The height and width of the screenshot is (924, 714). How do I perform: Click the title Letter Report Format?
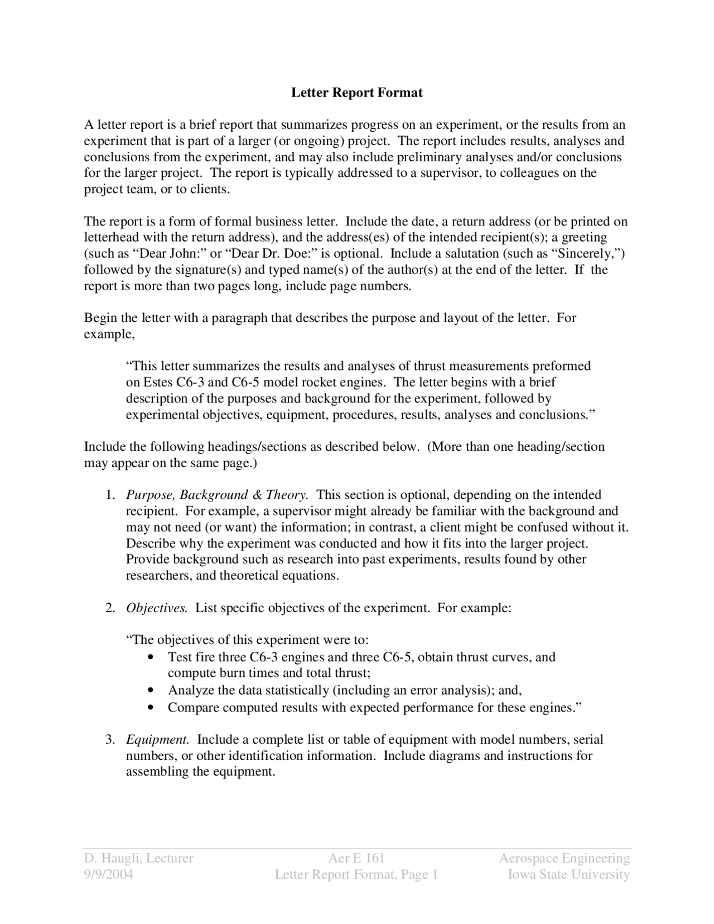pos(356,93)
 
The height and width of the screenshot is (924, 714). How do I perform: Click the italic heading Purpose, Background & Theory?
pos(217,495)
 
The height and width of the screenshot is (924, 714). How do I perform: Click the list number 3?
pos(110,740)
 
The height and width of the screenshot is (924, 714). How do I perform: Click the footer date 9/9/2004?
pos(109,874)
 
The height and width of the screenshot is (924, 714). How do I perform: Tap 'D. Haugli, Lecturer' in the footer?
pos(138,858)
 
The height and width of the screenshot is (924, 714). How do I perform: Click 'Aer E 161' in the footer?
pos(356,858)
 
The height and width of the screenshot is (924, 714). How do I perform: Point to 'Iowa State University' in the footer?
pos(568,874)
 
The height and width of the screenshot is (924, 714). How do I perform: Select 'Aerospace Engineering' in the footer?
pos(564,858)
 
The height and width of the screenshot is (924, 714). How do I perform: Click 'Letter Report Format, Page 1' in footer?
pos(356,874)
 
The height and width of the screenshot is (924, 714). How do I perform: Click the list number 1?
pos(110,495)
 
